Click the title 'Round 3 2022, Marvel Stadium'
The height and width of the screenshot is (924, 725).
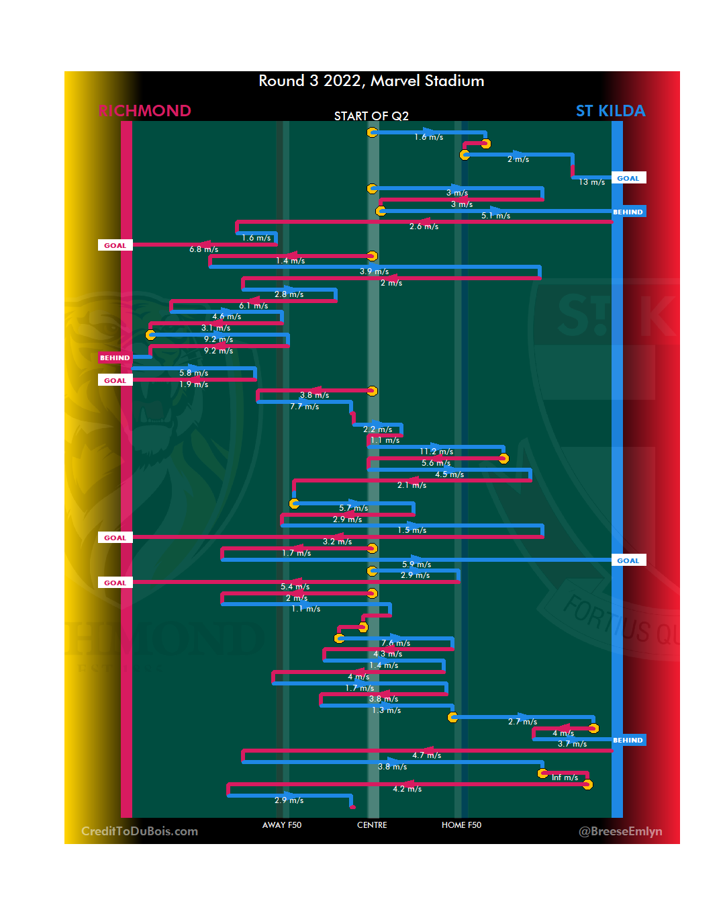coord(371,81)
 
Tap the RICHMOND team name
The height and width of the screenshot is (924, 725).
coord(145,111)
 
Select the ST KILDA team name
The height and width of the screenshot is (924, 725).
coord(610,111)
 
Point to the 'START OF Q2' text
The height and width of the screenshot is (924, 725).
coord(371,116)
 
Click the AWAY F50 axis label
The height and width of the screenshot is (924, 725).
coord(282,825)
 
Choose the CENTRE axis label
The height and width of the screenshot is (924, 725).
coord(372,825)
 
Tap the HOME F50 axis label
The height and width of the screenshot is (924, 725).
coord(461,825)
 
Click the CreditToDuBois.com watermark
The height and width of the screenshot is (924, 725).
coord(140,831)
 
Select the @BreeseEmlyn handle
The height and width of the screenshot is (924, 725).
coord(620,831)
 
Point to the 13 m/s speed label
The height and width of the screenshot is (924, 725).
coord(592,182)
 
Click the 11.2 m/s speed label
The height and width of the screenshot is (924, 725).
coord(436,452)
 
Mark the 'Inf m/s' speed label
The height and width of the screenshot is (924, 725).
coord(565,778)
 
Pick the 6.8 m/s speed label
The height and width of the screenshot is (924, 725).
coord(203,249)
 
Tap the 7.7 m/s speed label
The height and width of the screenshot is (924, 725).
coord(304,407)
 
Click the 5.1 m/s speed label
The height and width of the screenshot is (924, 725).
coord(495,216)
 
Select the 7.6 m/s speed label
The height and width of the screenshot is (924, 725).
coord(395,643)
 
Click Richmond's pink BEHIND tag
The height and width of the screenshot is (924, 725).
coord(115,358)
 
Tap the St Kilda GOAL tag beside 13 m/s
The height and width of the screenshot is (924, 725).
coord(628,178)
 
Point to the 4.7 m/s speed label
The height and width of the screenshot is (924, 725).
coord(426,755)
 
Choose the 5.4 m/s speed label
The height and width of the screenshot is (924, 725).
coord(295,587)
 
